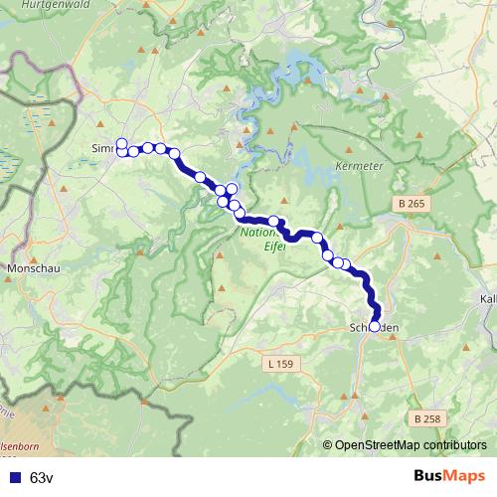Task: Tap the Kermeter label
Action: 359,165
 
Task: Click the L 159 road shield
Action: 280,365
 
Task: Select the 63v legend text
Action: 41,477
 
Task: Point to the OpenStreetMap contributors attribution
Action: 410,445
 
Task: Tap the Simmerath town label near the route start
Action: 102,149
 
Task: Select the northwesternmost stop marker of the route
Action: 121,143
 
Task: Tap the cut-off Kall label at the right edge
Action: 488,298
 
